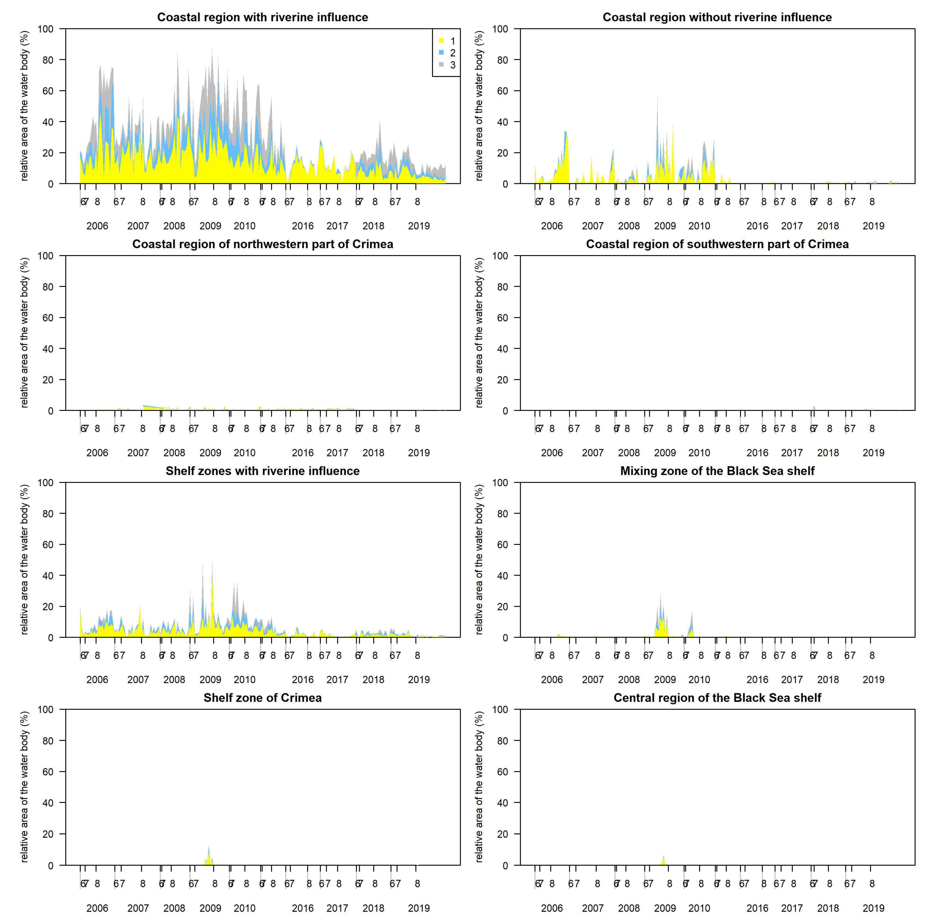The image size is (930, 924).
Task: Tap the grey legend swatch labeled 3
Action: [x=441, y=64]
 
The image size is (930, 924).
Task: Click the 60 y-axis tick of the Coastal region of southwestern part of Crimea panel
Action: [x=502, y=318]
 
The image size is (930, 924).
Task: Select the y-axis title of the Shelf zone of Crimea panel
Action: [x=24, y=787]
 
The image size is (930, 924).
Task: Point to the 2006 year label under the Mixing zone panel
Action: [x=552, y=680]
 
